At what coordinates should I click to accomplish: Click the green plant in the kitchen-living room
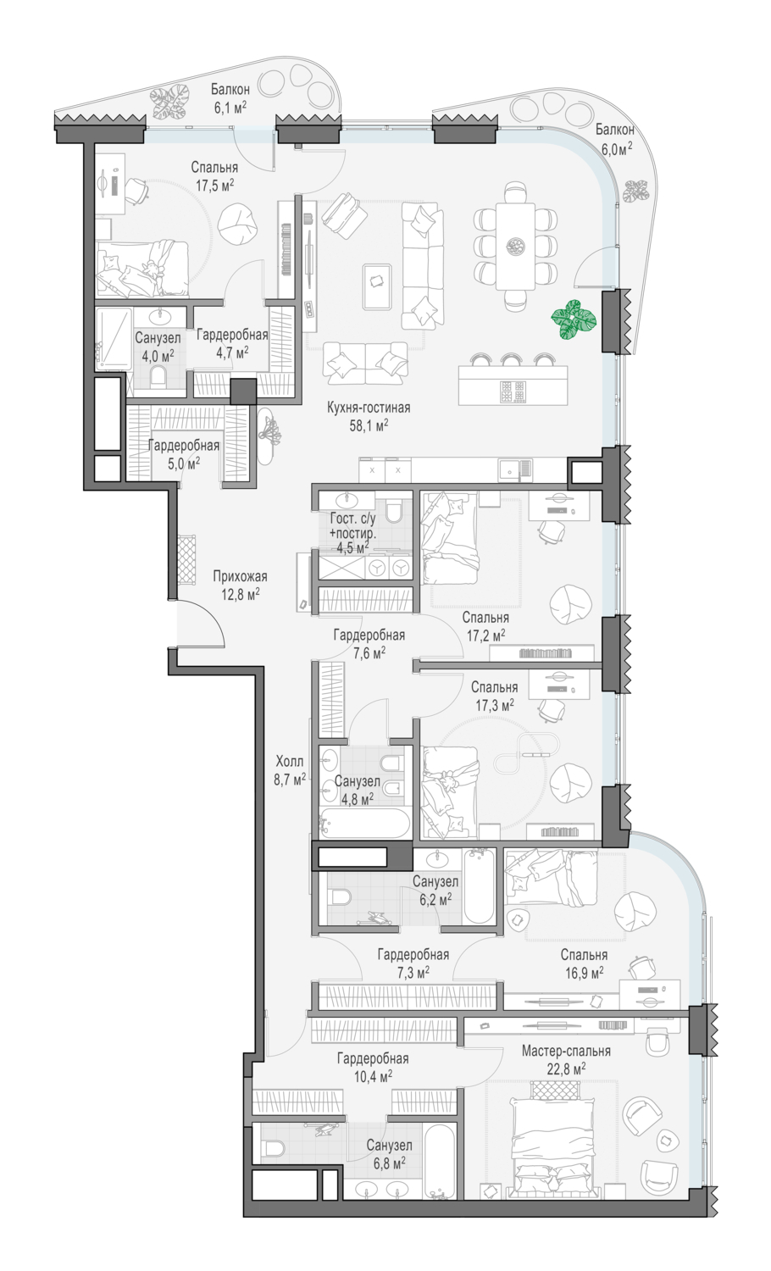[x=573, y=320]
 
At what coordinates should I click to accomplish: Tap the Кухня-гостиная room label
[x=369, y=408]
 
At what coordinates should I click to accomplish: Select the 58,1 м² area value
[x=369, y=425]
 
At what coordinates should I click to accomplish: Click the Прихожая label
[x=240, y=576]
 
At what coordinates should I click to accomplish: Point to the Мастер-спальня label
[x=566, y=1051]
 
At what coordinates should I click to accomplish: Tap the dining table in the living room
[x=515, y=247]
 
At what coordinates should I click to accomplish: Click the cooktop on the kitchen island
[x=514, y=391]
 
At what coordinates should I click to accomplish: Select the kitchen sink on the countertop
[x=515, y=469]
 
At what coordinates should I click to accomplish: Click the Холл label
[x=290, y=761]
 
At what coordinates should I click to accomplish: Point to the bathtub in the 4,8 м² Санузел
[x=364, y=824]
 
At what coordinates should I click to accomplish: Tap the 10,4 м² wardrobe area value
[x=373, y=1076]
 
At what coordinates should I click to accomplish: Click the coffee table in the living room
[x=377, y=286]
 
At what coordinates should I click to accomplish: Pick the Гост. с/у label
[x=352, y=518]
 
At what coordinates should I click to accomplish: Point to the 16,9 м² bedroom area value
[x=584, y=973]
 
